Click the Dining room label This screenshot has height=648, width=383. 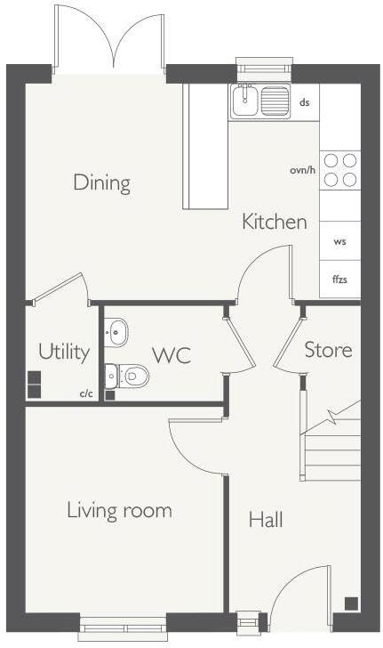click(101, 183)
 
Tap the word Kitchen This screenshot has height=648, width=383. click(275, 222)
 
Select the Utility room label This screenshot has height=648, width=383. click(64, 352)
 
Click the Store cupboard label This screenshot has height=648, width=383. click(328, 350)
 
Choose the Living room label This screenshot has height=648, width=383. click(119, 510)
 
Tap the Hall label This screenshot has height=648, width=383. click(266, 519)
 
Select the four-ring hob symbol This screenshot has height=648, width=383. click(339, 169)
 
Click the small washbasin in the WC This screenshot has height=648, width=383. click(116, 333)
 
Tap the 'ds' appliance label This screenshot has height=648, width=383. click(304, 102)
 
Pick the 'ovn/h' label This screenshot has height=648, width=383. click(302, 170)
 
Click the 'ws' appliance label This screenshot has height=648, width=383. click(339, 241)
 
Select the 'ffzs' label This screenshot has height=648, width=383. click(339, 279)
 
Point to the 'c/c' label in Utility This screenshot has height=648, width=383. click(86, 393)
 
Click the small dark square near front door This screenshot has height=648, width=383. click(351, 603)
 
